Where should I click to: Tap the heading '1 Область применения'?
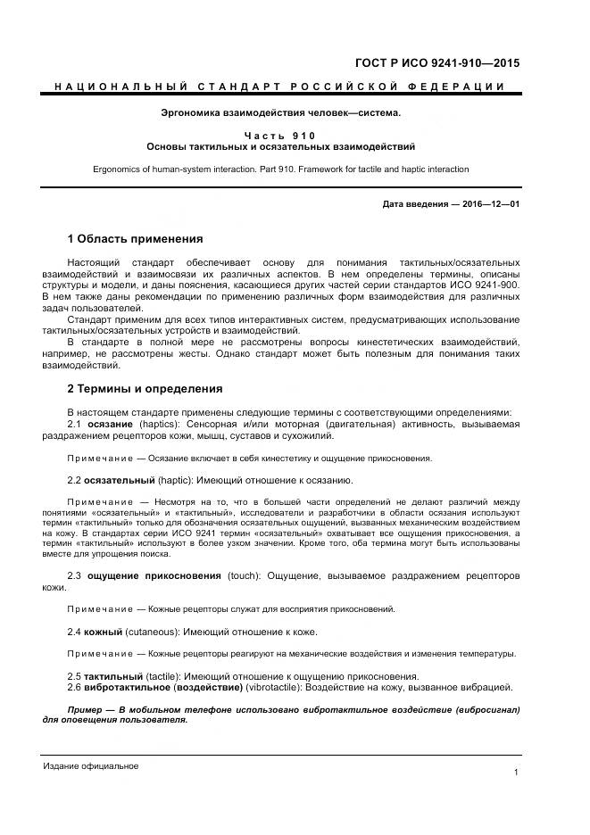point(135,239)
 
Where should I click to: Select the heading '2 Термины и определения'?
point(145,389)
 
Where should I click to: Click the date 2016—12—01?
point(487,204)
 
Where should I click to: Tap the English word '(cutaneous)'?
point(152,632)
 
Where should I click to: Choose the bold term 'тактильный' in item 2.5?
point(112,675)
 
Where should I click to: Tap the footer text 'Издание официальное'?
point(91,766)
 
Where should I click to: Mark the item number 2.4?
point(75,632)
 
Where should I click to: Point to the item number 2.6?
point(75,687)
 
